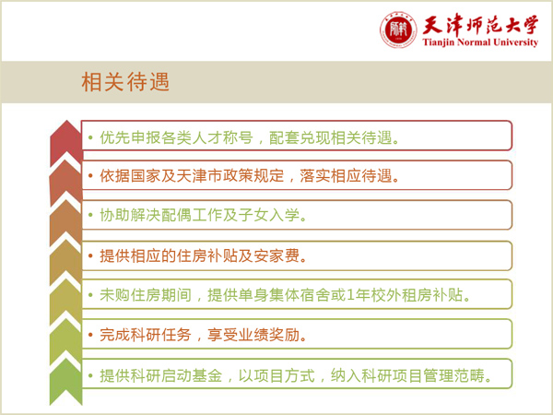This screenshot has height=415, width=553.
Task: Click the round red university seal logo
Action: tap(398, 30)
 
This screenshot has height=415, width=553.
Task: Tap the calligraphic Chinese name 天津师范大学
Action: tap(480, 25)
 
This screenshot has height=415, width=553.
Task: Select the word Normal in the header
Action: tap(474, 42)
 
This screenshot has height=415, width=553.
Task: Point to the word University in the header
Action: tap(515, 42)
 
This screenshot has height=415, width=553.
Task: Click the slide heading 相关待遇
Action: tap(125, 82)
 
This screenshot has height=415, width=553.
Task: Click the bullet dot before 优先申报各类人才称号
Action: tap(90, 137)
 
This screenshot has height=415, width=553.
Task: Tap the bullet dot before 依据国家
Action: tap(90, 175)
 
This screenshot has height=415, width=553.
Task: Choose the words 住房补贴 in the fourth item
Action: tap(207, 255)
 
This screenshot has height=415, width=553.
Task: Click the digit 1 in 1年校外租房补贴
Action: tap(350, 295)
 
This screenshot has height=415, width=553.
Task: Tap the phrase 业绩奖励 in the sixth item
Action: tap(269, 335)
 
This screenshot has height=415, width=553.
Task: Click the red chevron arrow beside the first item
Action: tap(66, 142)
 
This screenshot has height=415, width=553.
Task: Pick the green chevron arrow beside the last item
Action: tap(66, 383)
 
